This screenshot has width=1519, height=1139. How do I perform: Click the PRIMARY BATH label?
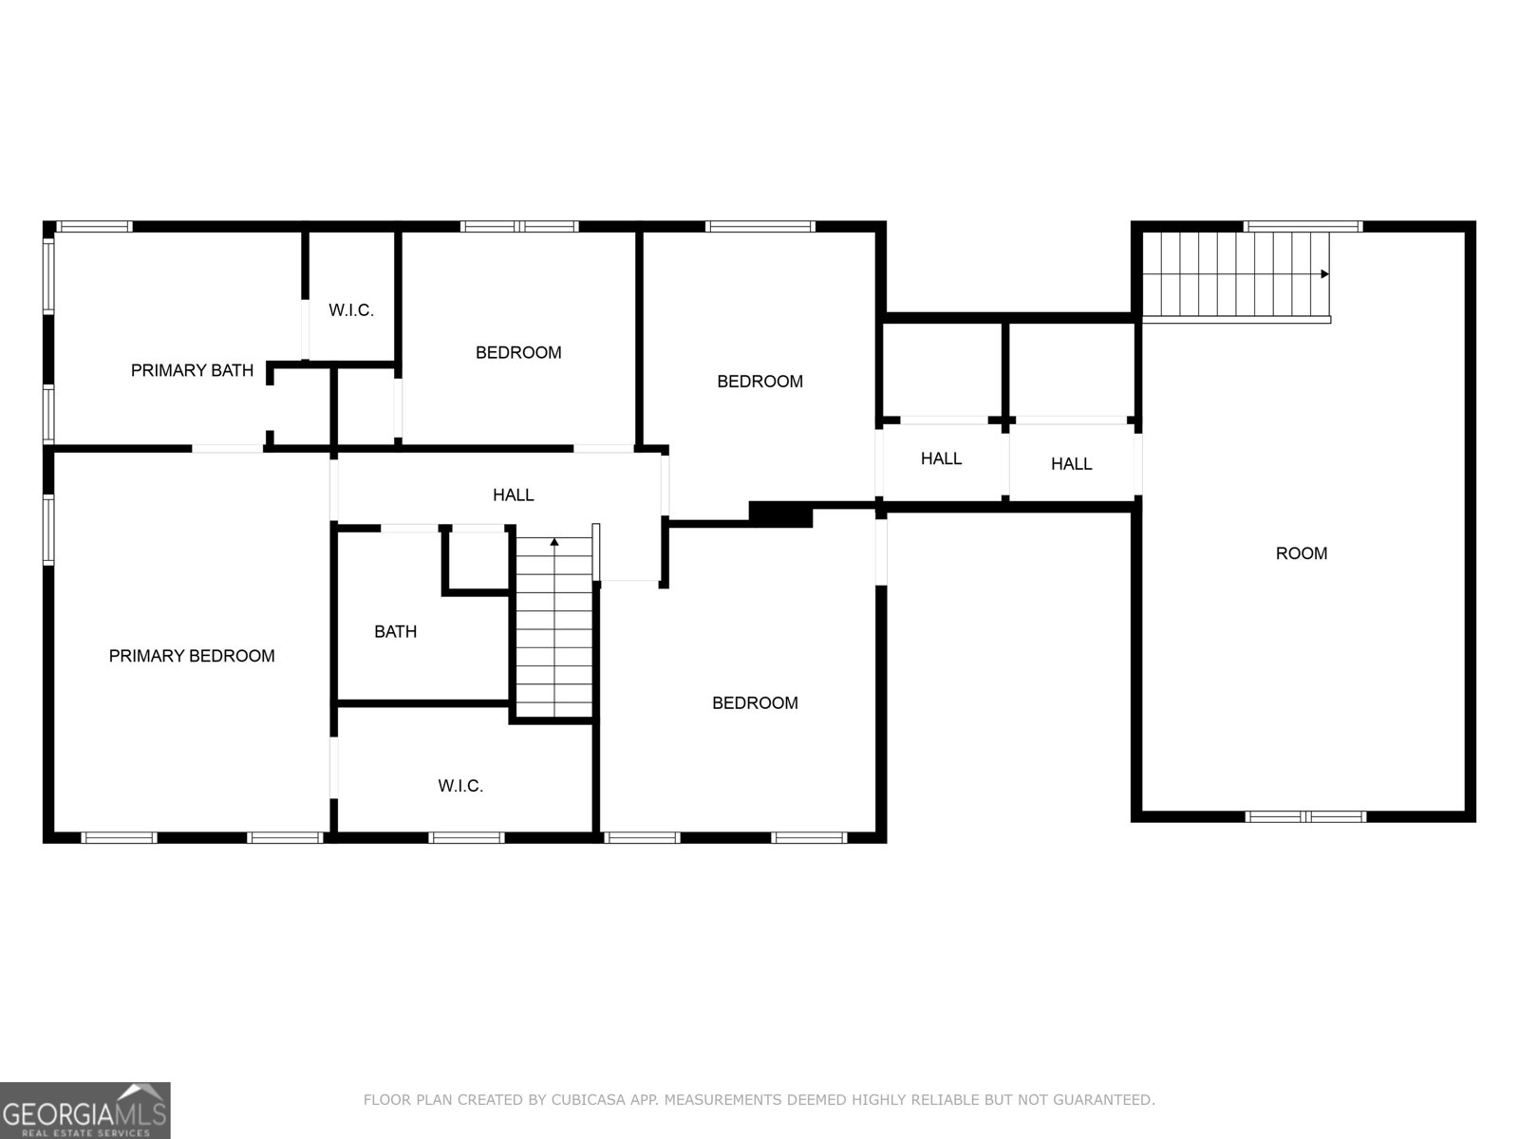[x=193, y=371]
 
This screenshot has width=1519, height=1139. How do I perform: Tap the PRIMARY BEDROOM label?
[x=192, y=656]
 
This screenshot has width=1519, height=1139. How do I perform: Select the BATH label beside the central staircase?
[x=395, y=631]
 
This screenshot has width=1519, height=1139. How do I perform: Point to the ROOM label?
[x=1301, y=553]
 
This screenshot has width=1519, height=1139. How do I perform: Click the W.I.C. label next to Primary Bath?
[x=351, y=310]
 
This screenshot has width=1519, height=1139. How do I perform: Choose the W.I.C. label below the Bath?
[x=460, y=786]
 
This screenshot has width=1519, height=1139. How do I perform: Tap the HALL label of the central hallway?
[x=513, y=495]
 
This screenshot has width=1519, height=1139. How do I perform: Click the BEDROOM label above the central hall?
[x=518, y=353]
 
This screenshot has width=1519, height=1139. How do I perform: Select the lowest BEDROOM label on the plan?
[x=755, y=703]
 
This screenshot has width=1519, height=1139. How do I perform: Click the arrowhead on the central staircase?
[x=554, y=542]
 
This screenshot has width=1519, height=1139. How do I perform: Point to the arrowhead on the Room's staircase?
[x=1324, y=274]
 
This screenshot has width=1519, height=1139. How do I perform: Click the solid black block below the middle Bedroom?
[x=780, y=514]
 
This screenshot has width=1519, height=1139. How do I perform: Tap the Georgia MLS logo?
[x=84, y=1110]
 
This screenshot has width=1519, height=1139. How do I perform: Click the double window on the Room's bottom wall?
[x=1305, y=816]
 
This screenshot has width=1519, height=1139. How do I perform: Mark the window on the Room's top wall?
[x=1303, y=226]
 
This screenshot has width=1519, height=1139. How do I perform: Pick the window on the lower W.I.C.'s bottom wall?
[x=466, y=837]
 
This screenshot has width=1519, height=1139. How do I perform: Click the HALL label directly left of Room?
[x=1071, y=464]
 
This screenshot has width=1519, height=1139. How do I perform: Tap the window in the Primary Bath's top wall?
[x=94, y=226]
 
